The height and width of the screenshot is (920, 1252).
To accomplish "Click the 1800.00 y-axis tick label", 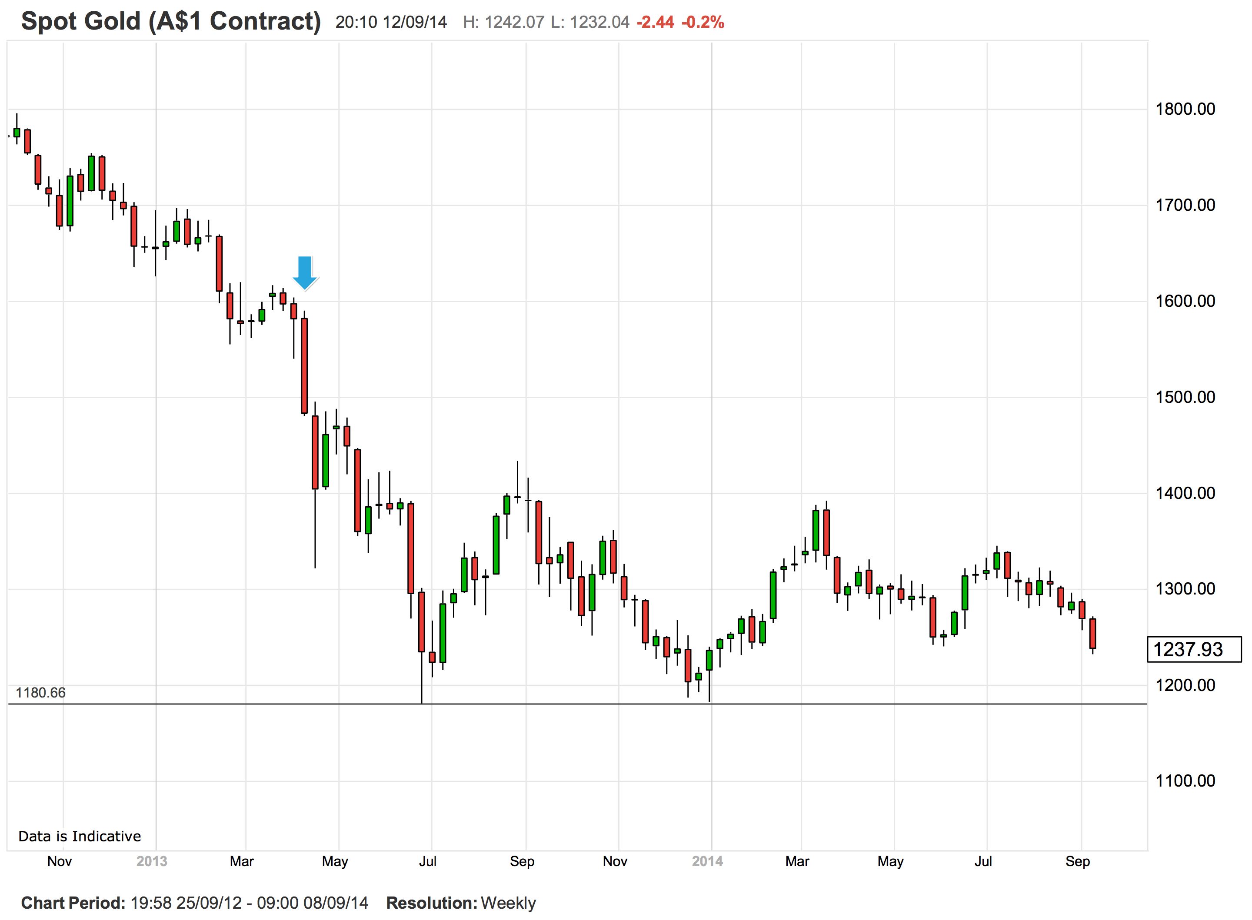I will (1185, 109).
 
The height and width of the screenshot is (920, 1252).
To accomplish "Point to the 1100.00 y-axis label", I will (1185, 781).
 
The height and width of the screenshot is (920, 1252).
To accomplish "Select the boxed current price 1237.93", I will (1193, 649).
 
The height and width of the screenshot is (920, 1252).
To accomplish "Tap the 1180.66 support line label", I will (41, 693).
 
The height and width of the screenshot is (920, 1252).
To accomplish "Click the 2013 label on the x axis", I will (151, 861).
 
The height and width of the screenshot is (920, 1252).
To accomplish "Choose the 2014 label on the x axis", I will (707, 861).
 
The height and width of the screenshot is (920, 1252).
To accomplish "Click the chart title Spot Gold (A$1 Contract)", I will (171, 22).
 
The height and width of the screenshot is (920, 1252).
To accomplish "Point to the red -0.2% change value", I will (703, 22).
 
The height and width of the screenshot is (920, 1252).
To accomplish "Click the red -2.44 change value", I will (655, 22).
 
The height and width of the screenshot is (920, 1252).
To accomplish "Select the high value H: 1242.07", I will (503, 22).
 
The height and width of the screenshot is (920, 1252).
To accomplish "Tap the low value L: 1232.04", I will (590, 22).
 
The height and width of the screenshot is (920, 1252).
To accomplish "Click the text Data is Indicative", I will (80, 837).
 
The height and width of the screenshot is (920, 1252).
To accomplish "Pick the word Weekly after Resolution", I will (508, 903).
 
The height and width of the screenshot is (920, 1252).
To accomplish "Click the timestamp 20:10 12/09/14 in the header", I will (391, 22).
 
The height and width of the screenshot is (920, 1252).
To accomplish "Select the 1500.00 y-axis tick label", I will (1185, 398).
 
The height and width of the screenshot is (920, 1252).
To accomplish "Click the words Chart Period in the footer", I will (73, 903).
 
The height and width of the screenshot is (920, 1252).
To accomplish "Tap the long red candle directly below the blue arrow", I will (304, 366).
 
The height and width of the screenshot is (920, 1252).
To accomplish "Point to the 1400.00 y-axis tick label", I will (1185, 493).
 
